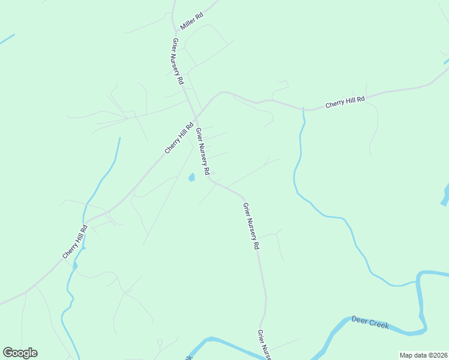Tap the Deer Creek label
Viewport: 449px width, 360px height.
[x=370, y=323]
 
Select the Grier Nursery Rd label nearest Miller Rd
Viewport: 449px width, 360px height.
[x=178, y=61]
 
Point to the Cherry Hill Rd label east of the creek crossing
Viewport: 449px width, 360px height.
[x=345, y=103]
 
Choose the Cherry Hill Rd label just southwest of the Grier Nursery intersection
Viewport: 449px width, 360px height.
[x=179, y=138]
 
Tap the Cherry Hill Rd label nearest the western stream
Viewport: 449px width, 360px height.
[x=76, y=242]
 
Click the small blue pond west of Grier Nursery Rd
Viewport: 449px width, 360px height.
[x=191, y=177]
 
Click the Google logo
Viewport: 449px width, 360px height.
[x=20, y=353]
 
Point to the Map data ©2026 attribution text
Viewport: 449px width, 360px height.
[x=424, y=355]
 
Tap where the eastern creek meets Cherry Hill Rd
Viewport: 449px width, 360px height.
[x=304, y=110]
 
